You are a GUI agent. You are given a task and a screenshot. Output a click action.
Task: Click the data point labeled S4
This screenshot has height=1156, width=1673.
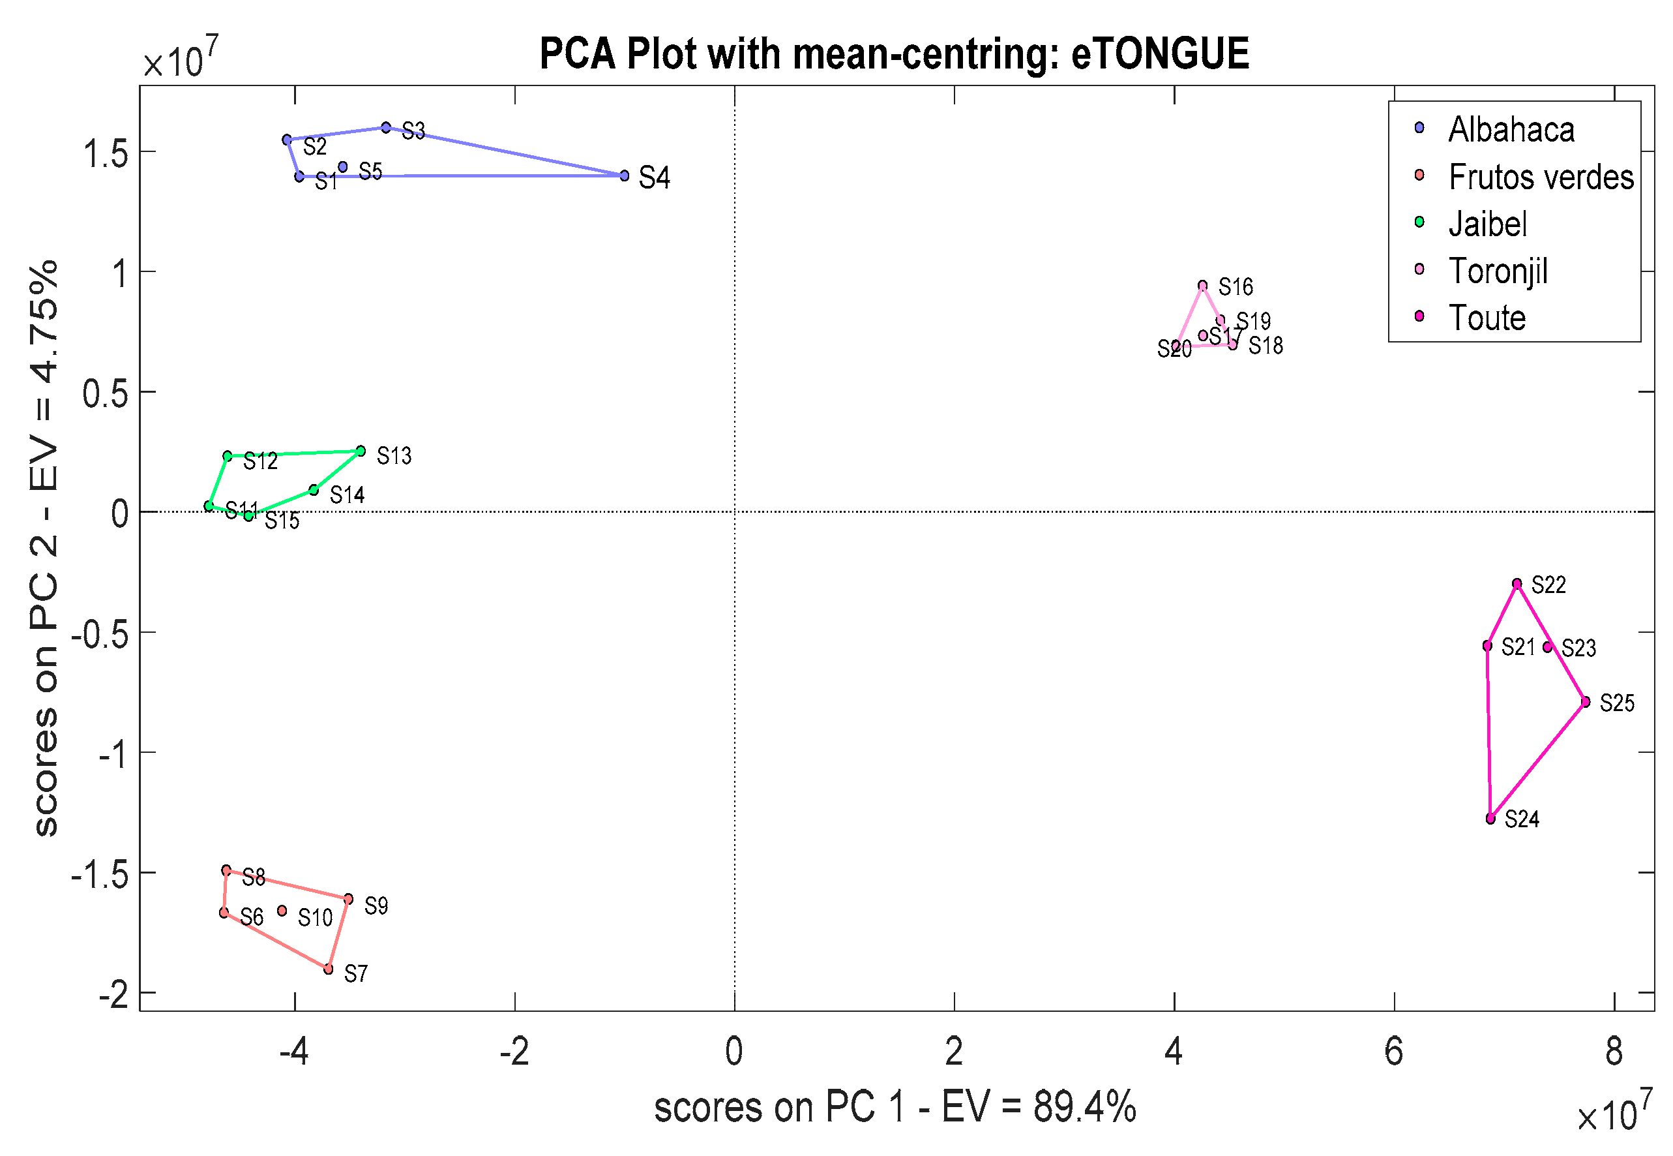(624, 175)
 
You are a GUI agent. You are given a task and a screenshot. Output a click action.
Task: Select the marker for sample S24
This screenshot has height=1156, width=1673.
(1490, 819)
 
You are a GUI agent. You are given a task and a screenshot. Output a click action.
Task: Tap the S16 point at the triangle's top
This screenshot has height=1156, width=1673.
(1202, 285)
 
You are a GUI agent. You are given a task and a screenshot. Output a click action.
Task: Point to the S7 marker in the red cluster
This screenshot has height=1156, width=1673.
(328, 968)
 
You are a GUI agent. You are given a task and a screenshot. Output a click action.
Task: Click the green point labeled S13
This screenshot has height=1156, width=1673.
(361, 451)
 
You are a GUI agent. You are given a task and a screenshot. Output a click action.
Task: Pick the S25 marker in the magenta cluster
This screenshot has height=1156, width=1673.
(1585, 701)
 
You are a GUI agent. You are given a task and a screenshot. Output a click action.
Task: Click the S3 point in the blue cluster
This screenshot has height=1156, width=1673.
(386, 127)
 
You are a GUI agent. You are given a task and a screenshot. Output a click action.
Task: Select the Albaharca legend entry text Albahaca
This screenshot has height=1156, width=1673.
(1511, 130)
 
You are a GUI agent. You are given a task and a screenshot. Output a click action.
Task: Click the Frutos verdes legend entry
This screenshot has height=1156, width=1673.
(1541, 177)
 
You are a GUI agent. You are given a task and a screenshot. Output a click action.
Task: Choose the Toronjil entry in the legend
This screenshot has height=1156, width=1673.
(1497, 271)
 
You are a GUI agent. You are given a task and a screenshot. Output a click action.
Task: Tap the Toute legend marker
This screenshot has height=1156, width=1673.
(1419, 316)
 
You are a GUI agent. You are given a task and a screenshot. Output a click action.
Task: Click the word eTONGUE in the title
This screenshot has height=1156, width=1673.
(1160, 53)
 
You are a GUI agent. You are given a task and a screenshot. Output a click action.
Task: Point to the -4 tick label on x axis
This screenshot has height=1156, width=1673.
(294, 1051)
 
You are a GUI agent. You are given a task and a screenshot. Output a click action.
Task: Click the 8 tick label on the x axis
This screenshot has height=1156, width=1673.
(1614, 1051)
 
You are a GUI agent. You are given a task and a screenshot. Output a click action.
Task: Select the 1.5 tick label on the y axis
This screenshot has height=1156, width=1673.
(106, 153)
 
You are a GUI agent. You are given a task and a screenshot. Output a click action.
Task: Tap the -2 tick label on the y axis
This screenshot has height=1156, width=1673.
(113, 996)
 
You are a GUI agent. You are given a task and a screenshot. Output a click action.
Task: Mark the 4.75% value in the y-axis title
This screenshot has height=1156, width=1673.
(45, 322)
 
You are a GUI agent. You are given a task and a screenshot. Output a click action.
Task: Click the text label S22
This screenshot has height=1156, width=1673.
(1548, 585)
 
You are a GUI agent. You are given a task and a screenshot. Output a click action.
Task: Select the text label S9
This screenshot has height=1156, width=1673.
(376, 905)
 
